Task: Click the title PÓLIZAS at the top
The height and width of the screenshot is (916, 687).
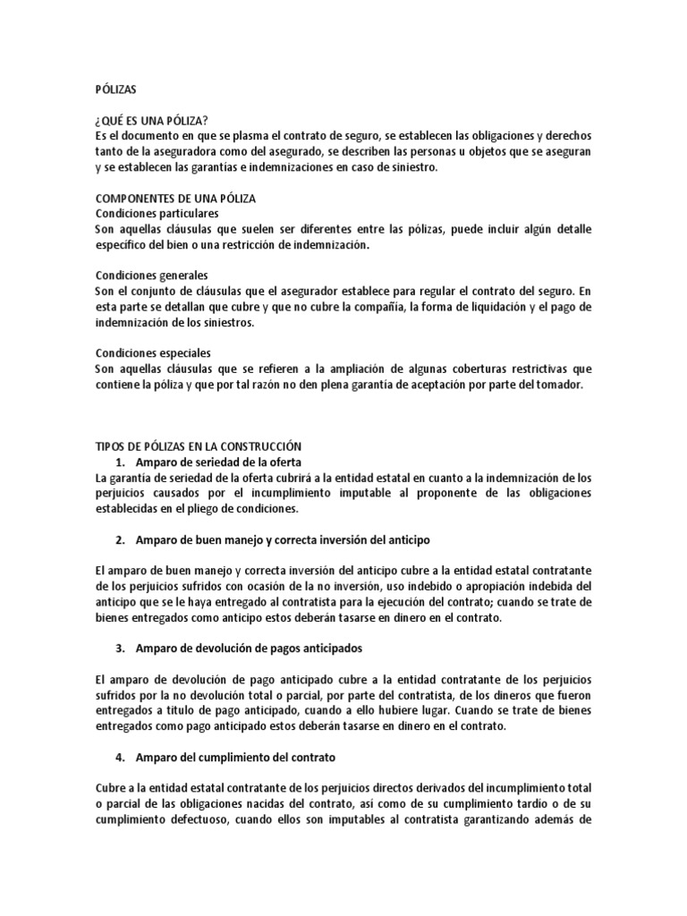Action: [x=115, y=90]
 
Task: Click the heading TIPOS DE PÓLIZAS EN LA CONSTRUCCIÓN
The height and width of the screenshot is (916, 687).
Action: [x=199, y=445]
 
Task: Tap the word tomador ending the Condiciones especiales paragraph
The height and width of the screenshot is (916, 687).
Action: [x=559, y=384]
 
